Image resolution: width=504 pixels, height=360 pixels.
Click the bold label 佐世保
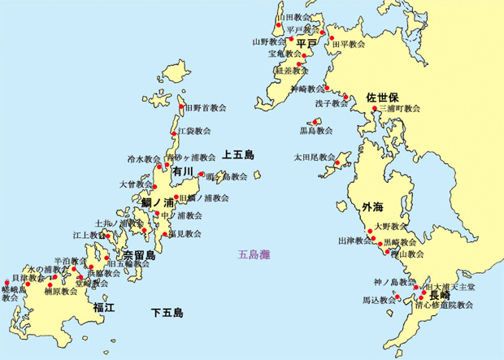(382, 95)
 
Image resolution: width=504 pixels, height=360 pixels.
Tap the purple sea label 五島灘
(254, 254)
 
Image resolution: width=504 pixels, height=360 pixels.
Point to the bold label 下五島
(167, 312)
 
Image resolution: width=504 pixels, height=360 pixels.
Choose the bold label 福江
(104, 306)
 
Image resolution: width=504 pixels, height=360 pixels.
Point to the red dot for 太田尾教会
(339, 157)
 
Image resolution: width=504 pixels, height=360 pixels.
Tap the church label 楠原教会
(61, 291)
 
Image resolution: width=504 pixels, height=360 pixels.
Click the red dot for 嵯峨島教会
(7, 283)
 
